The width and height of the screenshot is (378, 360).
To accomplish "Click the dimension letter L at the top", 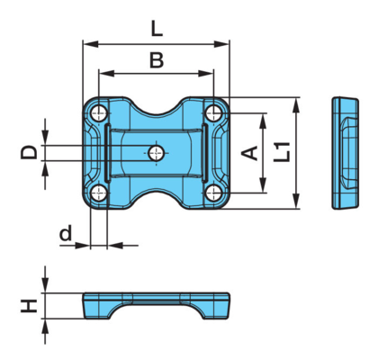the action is pyautogui.click(x=157, y=30).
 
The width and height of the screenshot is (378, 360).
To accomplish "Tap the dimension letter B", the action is pyautogui.click(x=157, y=60).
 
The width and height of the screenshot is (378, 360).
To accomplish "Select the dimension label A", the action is pyautogui.click(x=249, y=153).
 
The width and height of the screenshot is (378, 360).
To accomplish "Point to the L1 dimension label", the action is pyautogui.click(x=282, y=152).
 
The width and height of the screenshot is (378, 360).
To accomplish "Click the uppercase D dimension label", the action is pyautogui.click(x=29, y=152).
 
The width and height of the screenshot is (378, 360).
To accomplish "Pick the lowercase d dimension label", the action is pyautogui.click(x=66, y=233).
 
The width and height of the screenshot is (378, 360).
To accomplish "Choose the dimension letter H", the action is pyautogui.click(x=29, y=306).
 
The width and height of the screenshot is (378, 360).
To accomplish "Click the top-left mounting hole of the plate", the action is pyautogui.click(x=99, y=113).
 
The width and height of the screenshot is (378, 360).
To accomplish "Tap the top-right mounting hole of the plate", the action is pyautogui.click(x=213, y=113).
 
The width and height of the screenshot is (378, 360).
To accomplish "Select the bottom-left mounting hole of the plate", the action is pyautogui.click(x=99, y=193).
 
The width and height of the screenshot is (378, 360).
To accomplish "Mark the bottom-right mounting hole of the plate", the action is pyautogui.click(x=213, y=193).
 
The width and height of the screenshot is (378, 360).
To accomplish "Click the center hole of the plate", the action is pyautogui.click(x=157, y=153).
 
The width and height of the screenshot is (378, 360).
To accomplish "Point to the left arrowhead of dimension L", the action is pyautogui.click(x=91, y=44).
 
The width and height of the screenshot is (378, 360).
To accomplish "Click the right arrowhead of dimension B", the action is pyautogui.click(x=206, y=73).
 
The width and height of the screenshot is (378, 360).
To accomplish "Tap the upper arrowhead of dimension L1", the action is pyautogui.click(x=296, y=105).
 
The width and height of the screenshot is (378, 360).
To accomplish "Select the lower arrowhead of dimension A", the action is pyautogui.click(x=263, y=184).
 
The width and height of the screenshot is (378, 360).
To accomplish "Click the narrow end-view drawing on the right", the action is pyautogui.click(x=346, y=153).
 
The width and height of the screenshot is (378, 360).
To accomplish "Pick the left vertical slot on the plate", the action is pyautogui.click(x=107, y=153).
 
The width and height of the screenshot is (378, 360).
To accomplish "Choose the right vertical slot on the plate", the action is pyautogui.click(x=205, y=153).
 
